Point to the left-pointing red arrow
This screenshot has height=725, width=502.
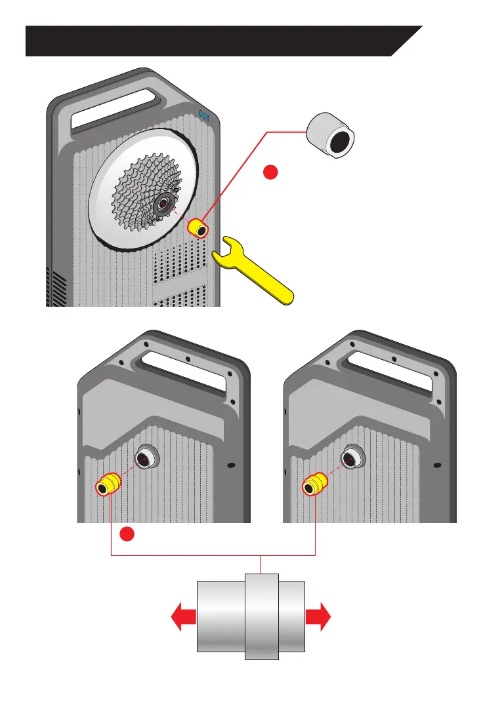point(183,617)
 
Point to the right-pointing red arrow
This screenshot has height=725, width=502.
point(318,617)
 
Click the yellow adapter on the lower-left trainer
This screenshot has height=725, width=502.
point(107,486)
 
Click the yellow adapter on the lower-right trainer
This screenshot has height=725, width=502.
point(313,486)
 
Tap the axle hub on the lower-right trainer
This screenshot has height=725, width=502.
point(353,458)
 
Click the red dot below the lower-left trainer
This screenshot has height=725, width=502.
point(129,535)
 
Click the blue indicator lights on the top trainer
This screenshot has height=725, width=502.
point(204,116)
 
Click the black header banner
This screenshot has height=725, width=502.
point(210,41)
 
